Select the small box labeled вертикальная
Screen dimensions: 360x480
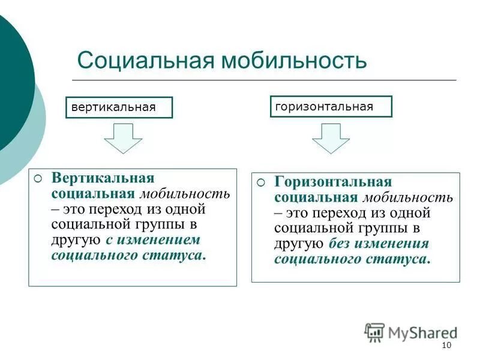[119, 107]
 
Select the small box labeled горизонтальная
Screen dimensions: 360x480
[331, 106]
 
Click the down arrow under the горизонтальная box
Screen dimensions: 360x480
[330, 138]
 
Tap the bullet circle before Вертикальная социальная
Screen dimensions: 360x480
[38, 179]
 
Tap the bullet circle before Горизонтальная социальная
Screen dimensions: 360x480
[261, 182]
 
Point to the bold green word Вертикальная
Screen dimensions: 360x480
[103, 179]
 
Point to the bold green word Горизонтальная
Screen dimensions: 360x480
[333, 182]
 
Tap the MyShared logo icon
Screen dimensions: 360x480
[374, 332]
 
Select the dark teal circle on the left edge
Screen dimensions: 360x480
[12, 84]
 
